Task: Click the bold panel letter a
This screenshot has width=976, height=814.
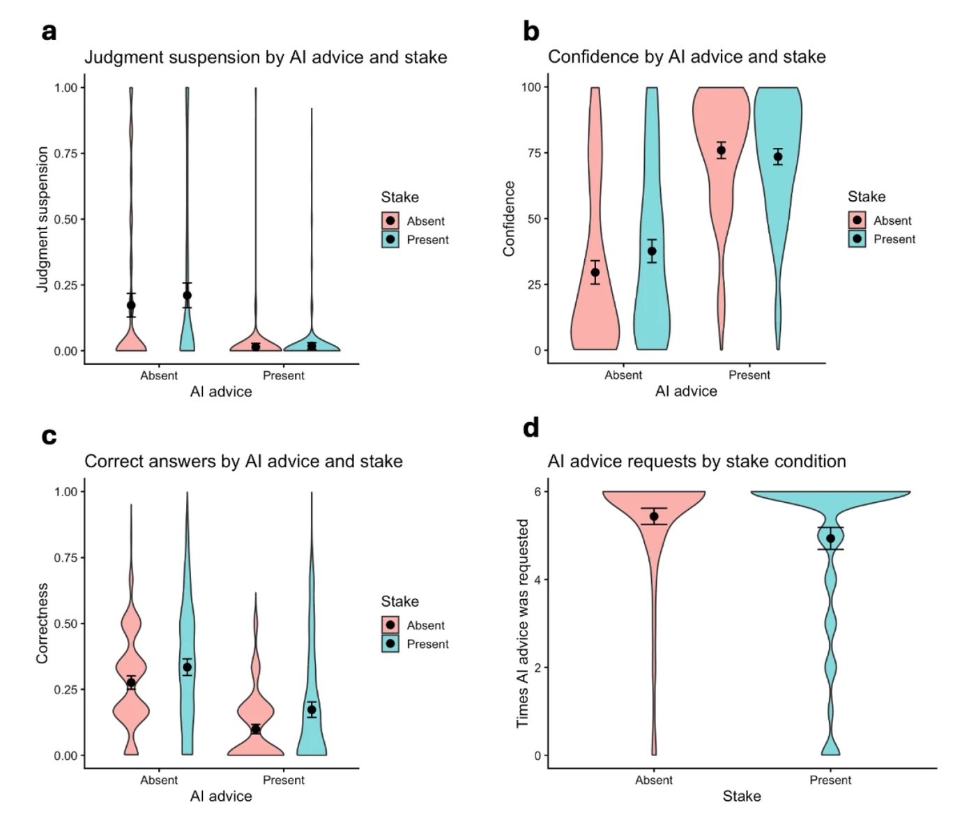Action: click(49, 32)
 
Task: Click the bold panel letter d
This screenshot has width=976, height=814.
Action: click(531, 428)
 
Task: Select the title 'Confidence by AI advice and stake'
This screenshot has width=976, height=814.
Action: click(686, 56)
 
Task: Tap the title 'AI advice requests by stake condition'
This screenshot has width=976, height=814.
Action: click(696, 461)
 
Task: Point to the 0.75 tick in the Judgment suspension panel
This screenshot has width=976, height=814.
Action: click(66, 153)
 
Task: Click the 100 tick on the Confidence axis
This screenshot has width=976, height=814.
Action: click(531, 87)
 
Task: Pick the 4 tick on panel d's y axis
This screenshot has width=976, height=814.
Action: click(537, 580)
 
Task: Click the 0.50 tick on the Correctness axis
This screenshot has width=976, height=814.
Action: click(66, 624)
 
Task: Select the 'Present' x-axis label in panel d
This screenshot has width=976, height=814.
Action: click(830, 780)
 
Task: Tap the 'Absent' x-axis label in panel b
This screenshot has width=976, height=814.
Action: click(623, 375)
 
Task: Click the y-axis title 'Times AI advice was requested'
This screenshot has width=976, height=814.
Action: click(522, 623)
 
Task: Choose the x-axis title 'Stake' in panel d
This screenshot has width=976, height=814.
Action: click(742, 796)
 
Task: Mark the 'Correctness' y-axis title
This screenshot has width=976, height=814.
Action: click(42, 623)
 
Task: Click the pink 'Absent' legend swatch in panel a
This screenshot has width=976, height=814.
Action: click(390, 220)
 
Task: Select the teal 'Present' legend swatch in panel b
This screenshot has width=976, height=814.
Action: click(857, 239)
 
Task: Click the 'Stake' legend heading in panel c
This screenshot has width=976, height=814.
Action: click(399, 601)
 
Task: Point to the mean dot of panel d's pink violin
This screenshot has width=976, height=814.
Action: click(654, 516)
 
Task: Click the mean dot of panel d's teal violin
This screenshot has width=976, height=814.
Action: click(830, 538)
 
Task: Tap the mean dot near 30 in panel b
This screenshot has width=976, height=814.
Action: click(595, 272)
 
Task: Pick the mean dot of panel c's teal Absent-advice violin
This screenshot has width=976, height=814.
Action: click(187, 667)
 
